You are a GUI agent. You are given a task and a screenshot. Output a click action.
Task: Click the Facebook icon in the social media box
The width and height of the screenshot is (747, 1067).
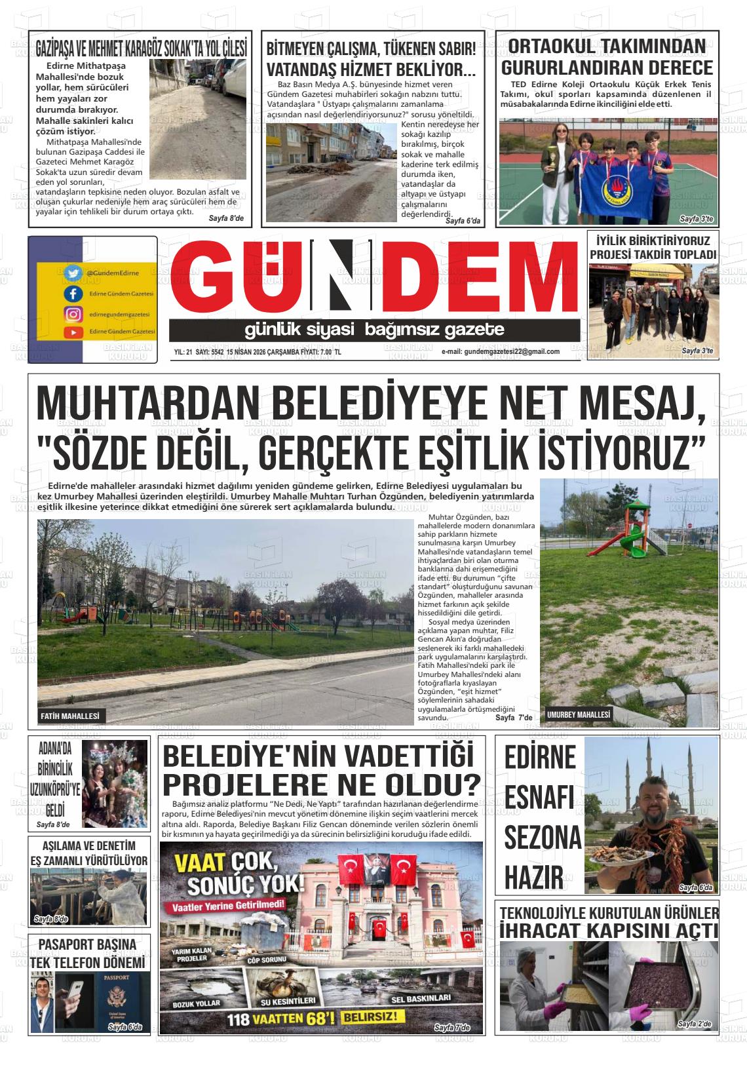[x=73, y=294]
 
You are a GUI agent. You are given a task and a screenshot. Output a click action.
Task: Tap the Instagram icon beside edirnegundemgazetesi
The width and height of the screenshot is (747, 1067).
[x=73, y=314]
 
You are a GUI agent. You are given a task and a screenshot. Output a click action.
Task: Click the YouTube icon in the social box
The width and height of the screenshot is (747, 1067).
[x=73, y=332]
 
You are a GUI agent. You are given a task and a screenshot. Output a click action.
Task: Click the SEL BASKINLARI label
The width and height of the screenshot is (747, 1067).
[x=421, y=998]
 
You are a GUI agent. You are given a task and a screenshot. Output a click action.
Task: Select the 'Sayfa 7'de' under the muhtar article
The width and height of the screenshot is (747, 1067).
[x=514, y=718]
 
